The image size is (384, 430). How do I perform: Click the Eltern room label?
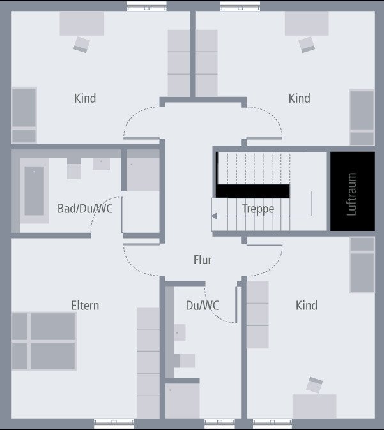85,306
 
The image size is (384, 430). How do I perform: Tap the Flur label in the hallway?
203,260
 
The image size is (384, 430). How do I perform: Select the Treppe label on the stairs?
258,209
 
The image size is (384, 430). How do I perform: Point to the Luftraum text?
351,194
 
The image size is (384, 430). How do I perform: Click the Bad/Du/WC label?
85,209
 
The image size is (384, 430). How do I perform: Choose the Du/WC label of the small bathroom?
203,306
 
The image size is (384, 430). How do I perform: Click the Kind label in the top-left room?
85,98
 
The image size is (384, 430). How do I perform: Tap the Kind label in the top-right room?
300,98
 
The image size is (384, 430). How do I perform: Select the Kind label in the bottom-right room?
307,306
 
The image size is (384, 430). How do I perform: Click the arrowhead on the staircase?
214,216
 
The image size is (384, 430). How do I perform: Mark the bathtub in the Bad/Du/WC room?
35,191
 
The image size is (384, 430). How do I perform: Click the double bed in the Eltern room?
44,341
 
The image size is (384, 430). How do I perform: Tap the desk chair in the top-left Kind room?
82,45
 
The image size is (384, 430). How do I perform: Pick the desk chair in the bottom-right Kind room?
314,385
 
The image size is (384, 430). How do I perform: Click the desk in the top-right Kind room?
307,24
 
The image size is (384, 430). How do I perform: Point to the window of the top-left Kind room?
146,6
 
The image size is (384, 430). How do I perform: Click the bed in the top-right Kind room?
362,117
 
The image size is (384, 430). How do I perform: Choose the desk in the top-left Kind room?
82,24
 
